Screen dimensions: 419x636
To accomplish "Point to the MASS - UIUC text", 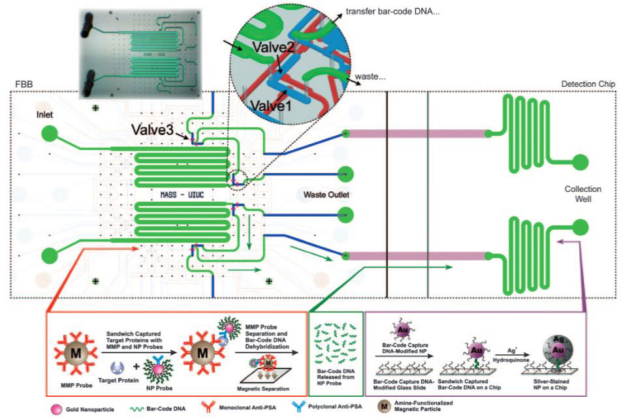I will (185, 194).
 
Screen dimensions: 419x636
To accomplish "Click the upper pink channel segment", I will (418, 134).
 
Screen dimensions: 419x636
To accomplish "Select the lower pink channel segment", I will (418, 254).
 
